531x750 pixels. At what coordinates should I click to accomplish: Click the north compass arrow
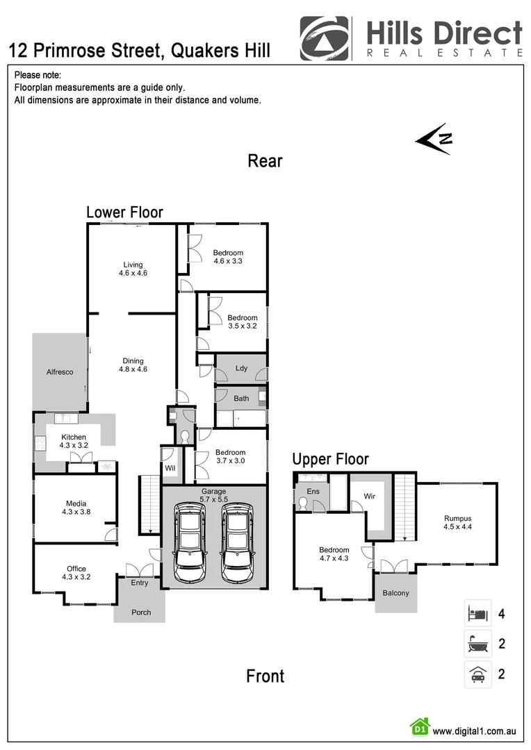434,137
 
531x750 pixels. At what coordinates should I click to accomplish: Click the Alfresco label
60,372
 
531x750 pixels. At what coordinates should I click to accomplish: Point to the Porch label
141,612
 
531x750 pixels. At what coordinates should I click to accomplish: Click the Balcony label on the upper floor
395,593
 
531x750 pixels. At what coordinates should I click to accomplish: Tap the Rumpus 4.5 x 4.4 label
458,522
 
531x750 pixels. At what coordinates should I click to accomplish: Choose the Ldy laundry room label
241,368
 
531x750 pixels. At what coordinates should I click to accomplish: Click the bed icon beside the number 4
477,614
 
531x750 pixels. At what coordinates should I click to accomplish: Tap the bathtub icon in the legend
477,644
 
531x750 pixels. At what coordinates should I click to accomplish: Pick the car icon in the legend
477,674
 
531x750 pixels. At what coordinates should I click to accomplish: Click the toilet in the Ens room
302,505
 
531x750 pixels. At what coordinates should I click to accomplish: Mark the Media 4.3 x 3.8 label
76,508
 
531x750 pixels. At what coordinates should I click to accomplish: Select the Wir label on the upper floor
369,497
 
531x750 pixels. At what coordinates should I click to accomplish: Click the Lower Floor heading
124,212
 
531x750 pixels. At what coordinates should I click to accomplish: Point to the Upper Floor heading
330,459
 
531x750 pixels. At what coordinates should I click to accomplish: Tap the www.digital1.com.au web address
474,731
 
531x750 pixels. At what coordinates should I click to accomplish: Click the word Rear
265,161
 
